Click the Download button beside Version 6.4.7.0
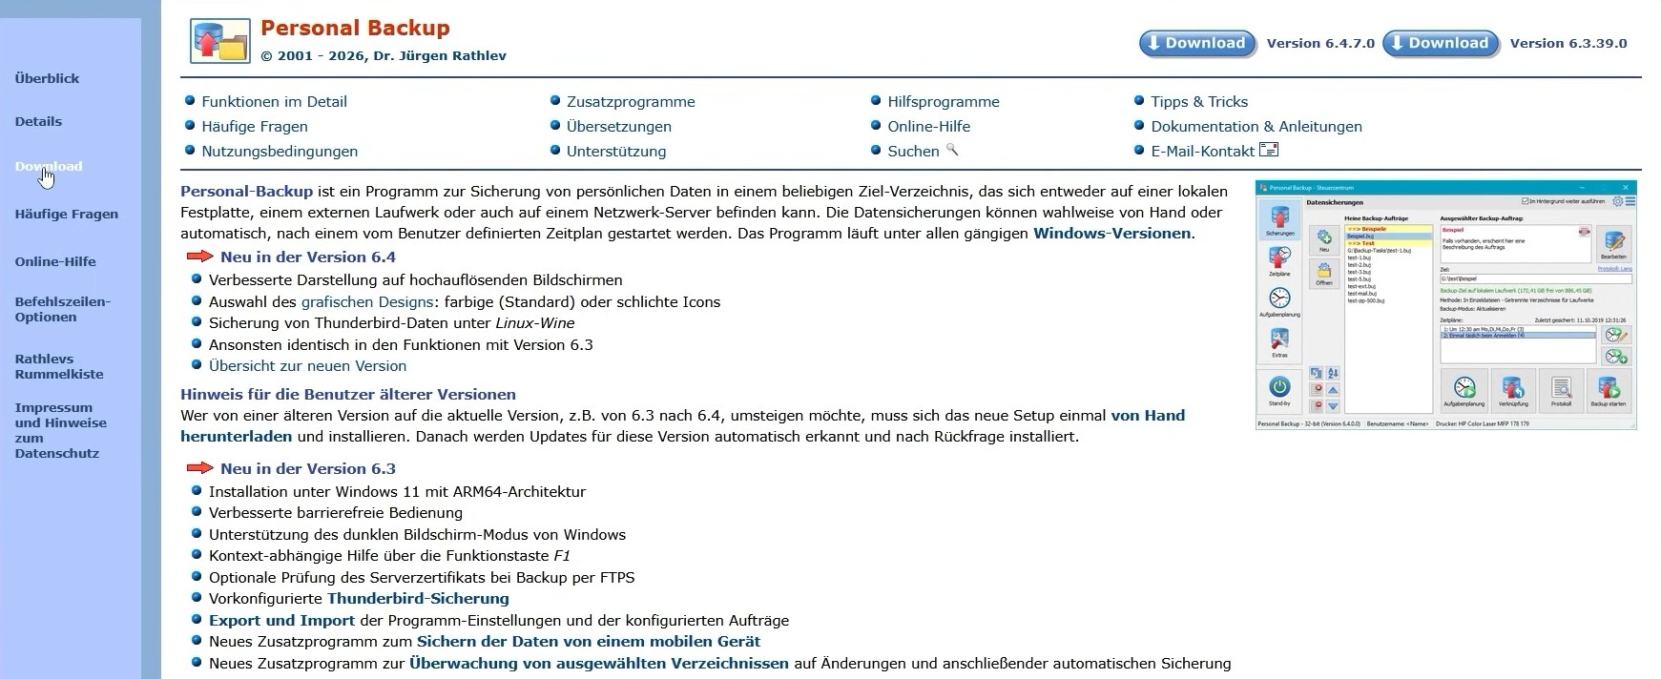pyautogui.click(x=1197, y=43)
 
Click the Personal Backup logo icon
pyautogui.click(x=220, y=41)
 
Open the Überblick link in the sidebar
pyautogui.click(x=47, y=78)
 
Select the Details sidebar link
pyautogui.click(x=38, y=121)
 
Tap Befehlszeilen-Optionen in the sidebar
pyautogui.click(x=63, y=309)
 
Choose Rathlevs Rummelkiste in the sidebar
pyautogui.click(x=59, y=366)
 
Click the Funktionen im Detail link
pyautogui.click(x=274, y=101)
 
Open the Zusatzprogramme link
pyautogui.click(x=631, y=101)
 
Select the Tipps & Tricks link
pyautogui.click(x=1199, y=101)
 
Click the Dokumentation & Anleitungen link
pyautogui.click(x=1256, y=126)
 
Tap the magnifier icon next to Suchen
pyautogui.click(x=951, y=150)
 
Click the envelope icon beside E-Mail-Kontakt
pyautogui.click(x=1269, y=150)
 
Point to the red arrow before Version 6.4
pyautogui.click(x=200, y=257)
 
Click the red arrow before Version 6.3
pyautogui.click(x=200, y=468)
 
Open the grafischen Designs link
pyautogui.click(x=367, y=301)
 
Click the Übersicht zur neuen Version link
pyautogui.click(x=307, y=365)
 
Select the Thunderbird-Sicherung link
pyautogui.click(x=418, y=598)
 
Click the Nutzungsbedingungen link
pyautogui.click(x=280, y=151)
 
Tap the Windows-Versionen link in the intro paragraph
pyautogui.click(x=1111, y=233)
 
